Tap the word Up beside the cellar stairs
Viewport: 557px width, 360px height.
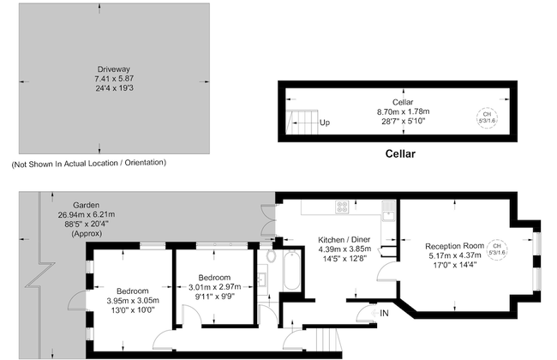[324, 123]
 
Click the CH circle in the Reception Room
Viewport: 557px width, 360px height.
[497, 250]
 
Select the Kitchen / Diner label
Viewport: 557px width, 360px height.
[343, 239]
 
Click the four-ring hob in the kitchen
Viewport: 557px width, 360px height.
[343, 207]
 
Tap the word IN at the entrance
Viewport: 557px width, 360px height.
[384, 314]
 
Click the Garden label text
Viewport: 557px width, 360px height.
[86, 205]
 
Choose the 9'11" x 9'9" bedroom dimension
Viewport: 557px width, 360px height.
[213, 297]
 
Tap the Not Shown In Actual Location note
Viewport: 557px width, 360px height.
[88, 162]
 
